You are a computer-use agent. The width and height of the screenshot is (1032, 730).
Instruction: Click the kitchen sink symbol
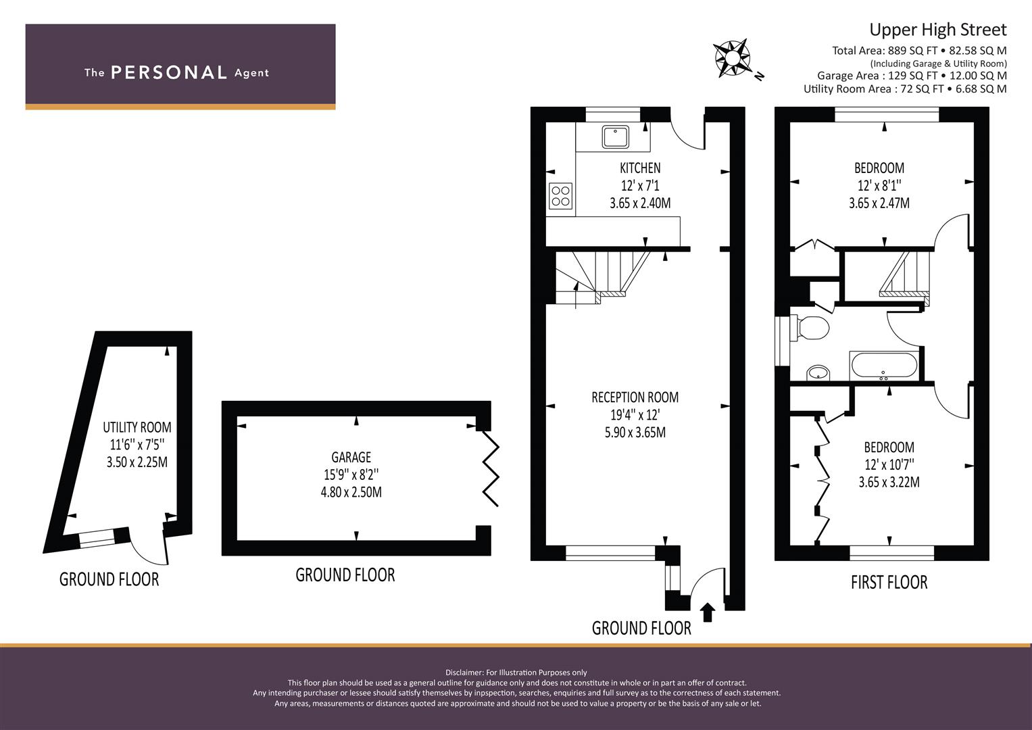(x=615, y=137)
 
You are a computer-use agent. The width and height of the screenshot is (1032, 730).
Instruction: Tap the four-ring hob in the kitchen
(x=561, y=196)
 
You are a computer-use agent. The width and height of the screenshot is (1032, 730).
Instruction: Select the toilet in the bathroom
(x=810, y=328)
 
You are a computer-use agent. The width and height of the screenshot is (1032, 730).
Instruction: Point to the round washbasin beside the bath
(x=818, y=373)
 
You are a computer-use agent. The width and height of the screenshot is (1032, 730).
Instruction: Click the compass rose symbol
(x=732, y=58)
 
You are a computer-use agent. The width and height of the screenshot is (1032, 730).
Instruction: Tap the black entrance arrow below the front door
(x=708, y=613)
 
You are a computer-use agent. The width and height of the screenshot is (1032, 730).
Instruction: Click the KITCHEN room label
(x=640, y=168)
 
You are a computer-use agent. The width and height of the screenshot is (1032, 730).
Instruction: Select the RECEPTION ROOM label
(x=635, y=397)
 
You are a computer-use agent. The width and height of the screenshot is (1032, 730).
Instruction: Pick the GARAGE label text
(x=351, y=457)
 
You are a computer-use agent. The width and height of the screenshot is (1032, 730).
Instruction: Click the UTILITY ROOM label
(x=137, y=427)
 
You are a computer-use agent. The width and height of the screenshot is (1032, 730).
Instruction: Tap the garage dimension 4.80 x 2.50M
(x=351, y=492)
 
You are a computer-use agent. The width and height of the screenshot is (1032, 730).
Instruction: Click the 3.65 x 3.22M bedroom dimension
(x=889, y=482)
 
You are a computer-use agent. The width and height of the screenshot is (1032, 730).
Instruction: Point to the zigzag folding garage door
(x=491, y=468)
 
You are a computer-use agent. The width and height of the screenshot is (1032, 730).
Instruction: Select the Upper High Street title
(x=938, y=30)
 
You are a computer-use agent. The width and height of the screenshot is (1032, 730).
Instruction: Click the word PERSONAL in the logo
(x=169, y=72)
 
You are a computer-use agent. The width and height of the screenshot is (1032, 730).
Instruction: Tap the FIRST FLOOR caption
(x=889, y=582)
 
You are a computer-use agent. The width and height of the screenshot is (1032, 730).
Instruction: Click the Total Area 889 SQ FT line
(x=919, y=51)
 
